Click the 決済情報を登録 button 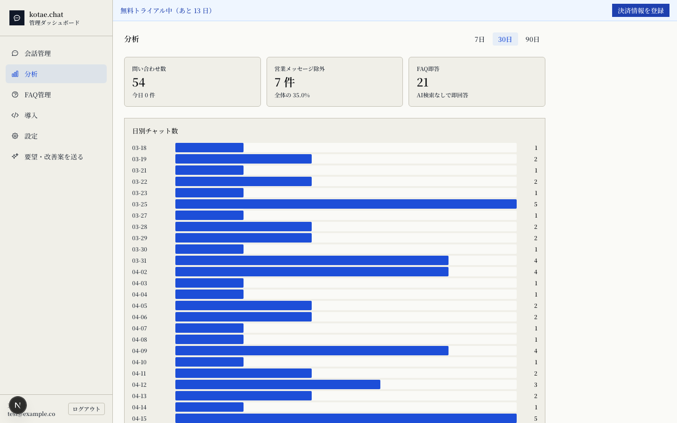[640, 10]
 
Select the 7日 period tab [480, 39]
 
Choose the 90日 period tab [532, 39]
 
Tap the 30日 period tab [505, 39]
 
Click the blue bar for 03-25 [346, 204]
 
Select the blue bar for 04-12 [278, 384]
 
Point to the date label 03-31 [139, 260]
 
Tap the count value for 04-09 [535, 351]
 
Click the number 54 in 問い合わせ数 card [138, 82]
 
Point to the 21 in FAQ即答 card [423, 82]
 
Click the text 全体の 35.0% [292, 95]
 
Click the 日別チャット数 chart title [155, 131]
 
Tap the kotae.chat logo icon [17, 18]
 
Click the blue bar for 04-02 [312, 272]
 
